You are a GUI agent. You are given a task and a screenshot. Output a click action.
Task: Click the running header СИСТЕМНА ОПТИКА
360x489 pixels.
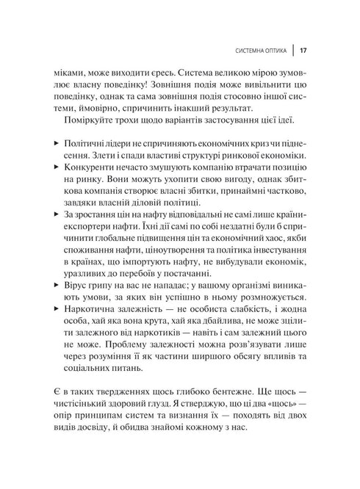258,51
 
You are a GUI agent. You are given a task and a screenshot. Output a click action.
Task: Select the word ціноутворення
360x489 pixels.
181,250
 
